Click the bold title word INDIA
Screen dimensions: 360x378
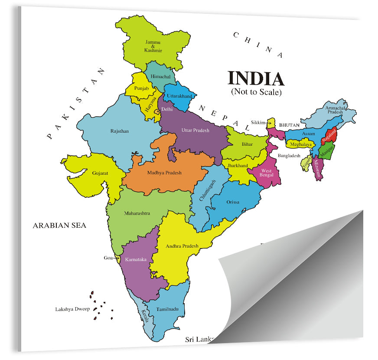[256, 79]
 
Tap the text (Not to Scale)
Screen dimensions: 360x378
[256, 92]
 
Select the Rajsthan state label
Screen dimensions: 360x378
[120, 131]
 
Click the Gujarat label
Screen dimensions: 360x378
[100, 173]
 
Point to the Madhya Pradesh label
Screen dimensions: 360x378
[164, 173]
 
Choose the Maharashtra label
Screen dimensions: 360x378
[137, 213]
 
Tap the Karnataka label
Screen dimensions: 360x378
[136, 259]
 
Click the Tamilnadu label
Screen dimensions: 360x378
[168, 309]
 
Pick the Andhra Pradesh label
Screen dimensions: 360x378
[182, 246]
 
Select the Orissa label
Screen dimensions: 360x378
[233, 202]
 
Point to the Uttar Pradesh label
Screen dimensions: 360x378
[195, 130]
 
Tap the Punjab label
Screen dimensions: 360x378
[141, 88]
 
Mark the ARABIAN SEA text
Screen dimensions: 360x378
[59, 225]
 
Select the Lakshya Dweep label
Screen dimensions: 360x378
[72, 309]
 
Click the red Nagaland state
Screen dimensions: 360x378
[329, 136]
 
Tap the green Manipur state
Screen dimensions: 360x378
[326, 152]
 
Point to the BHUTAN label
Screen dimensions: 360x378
[289, 125]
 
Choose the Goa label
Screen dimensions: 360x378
[108, 258]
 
